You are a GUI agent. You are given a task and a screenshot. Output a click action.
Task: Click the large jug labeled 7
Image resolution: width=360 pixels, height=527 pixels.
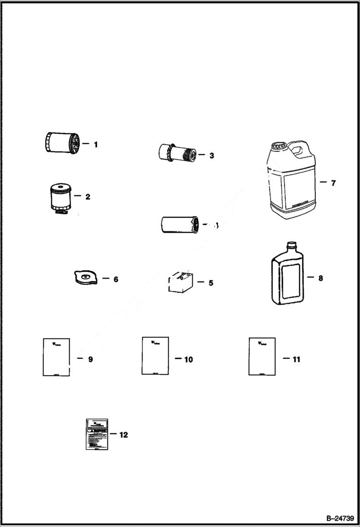[291, 183]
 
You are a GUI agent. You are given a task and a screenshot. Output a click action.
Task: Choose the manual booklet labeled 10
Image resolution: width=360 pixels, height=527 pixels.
[155, 355]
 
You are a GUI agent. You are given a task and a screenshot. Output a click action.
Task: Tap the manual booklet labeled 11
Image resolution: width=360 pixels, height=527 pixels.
[262, 356]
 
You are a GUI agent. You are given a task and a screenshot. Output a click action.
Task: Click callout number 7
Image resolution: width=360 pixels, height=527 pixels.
[333, 183]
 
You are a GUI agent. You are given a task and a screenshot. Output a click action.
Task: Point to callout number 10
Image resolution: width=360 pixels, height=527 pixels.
[188, 359]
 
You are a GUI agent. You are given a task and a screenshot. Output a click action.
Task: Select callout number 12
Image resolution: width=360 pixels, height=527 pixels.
[124, 435]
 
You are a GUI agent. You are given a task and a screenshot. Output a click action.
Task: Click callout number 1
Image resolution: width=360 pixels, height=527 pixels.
[96, 144]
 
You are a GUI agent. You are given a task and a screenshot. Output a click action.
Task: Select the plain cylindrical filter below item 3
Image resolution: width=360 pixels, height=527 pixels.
[178, 224]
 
